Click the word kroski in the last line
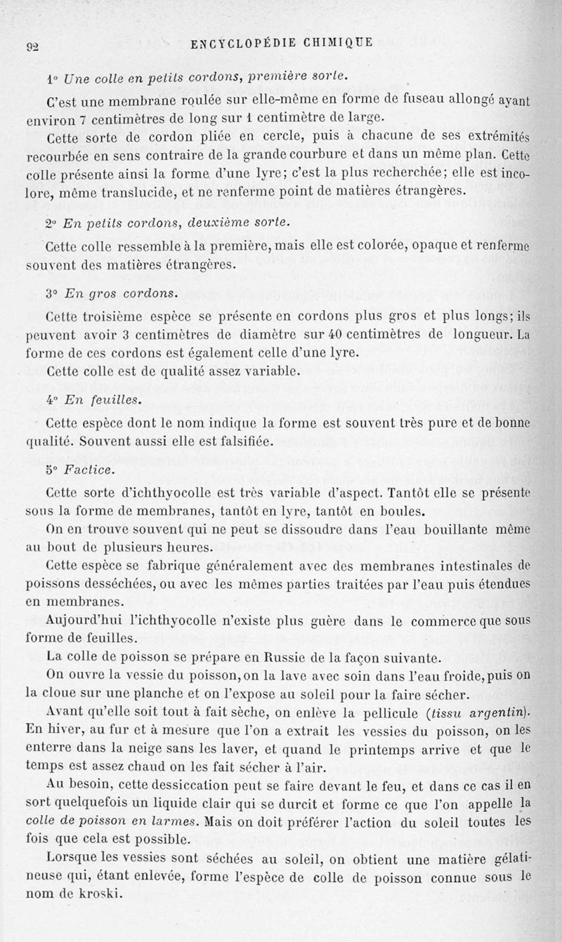click(101, 894)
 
